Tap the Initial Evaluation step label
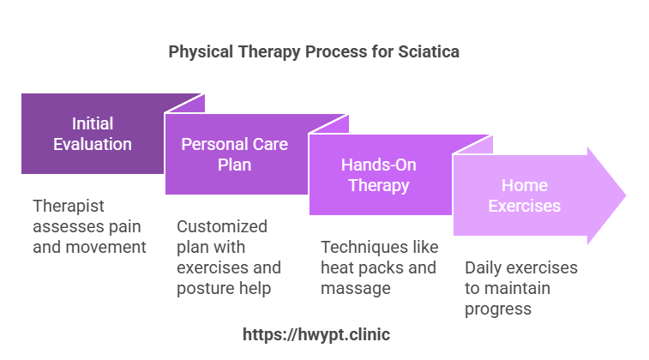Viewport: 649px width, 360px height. tap(93, 134)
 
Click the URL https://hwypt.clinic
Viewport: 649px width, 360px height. tap(323, 335)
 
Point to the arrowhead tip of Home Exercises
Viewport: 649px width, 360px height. tap(624, 195)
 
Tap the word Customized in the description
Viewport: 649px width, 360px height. tap(222, 226)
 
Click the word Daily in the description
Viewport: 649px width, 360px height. tap(484, 267)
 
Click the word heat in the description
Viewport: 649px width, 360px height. tap(340, 267)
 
